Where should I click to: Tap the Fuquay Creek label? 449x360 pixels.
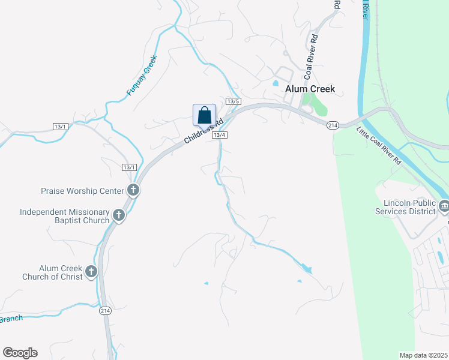(x=142, y=76)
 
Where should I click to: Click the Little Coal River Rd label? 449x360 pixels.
(x=378, y=145)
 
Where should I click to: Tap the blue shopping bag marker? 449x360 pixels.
(x=204, y=115)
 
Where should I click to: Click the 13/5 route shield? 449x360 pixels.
(x=234, y=101)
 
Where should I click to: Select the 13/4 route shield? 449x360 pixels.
(x=219, y=134)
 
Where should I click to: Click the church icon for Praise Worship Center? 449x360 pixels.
(x=133, y=191)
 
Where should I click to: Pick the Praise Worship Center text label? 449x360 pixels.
(x=82, y=191)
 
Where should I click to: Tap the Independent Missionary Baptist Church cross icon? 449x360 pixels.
(x=119, y=215)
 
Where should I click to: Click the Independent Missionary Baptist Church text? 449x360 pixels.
(x=65, y=216)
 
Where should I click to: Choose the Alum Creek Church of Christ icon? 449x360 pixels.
(x=91, y=272)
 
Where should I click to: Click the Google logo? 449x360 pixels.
(x=20, y=353)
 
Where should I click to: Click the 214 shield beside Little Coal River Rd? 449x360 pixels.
(x=333, y=125)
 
